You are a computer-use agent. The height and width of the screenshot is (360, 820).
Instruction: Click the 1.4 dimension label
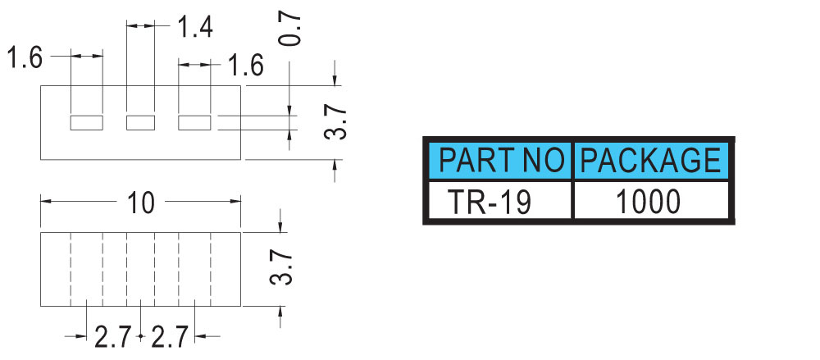(x=195, y=27)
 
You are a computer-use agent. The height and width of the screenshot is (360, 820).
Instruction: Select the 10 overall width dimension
(x=141, y=203)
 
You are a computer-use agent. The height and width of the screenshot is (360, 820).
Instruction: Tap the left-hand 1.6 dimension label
(x=25, y=57)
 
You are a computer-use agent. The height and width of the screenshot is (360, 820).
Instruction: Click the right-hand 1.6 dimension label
(x=245, y=66)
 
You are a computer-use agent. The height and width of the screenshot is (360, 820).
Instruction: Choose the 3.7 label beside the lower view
(x=280, y=267)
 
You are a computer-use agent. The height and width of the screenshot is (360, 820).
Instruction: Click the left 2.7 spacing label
(x=112, y=337)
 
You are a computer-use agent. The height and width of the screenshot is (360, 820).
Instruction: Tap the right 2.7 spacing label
(x=169, y=337)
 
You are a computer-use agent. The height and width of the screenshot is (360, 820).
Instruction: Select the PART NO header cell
(x=501, y=160)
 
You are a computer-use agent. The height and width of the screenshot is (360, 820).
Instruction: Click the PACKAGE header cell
(x=651, y=160)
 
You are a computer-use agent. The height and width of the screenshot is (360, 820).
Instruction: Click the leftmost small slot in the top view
(x=87, y=123)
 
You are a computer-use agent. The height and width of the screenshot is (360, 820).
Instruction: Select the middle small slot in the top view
(x=141, y=123)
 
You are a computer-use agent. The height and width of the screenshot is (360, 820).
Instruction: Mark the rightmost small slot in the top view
(x=194, y=123)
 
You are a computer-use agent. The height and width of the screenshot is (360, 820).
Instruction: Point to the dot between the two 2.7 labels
(x=141, y=336)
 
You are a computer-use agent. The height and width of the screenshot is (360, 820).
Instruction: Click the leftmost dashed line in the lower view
(x=71, y=270)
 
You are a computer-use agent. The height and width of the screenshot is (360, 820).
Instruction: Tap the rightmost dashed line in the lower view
(x=211, y=270)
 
